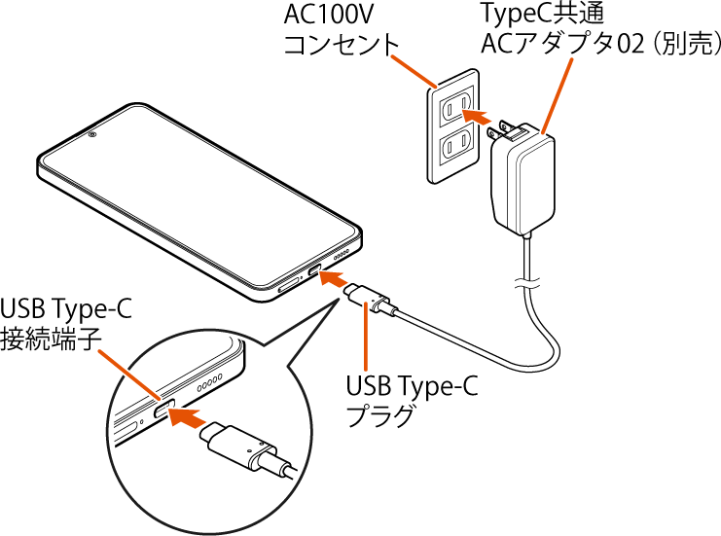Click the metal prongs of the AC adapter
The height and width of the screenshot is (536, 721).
[x=506, y=128]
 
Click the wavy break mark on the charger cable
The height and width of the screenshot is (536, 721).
[x=526, y=284]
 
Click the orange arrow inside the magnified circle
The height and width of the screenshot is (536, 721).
[x=187, y=417]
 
